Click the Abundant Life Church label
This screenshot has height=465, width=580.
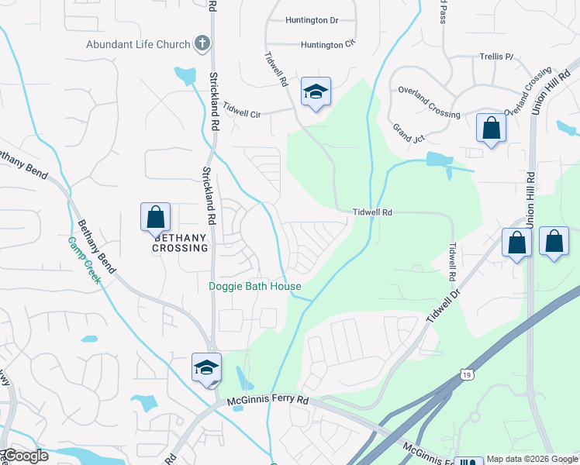(138, 44)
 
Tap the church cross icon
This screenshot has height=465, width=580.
(202, 43)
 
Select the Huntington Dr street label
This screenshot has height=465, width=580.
(312, 20)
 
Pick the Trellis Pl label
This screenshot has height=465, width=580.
(499, 57)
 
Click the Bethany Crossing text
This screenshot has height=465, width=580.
(181, 243)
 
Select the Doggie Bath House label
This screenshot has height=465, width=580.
(255, 287)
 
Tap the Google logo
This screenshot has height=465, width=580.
(26, 456)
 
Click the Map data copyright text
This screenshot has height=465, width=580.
(531, 459)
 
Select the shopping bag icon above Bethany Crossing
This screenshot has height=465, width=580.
(155, 216)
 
